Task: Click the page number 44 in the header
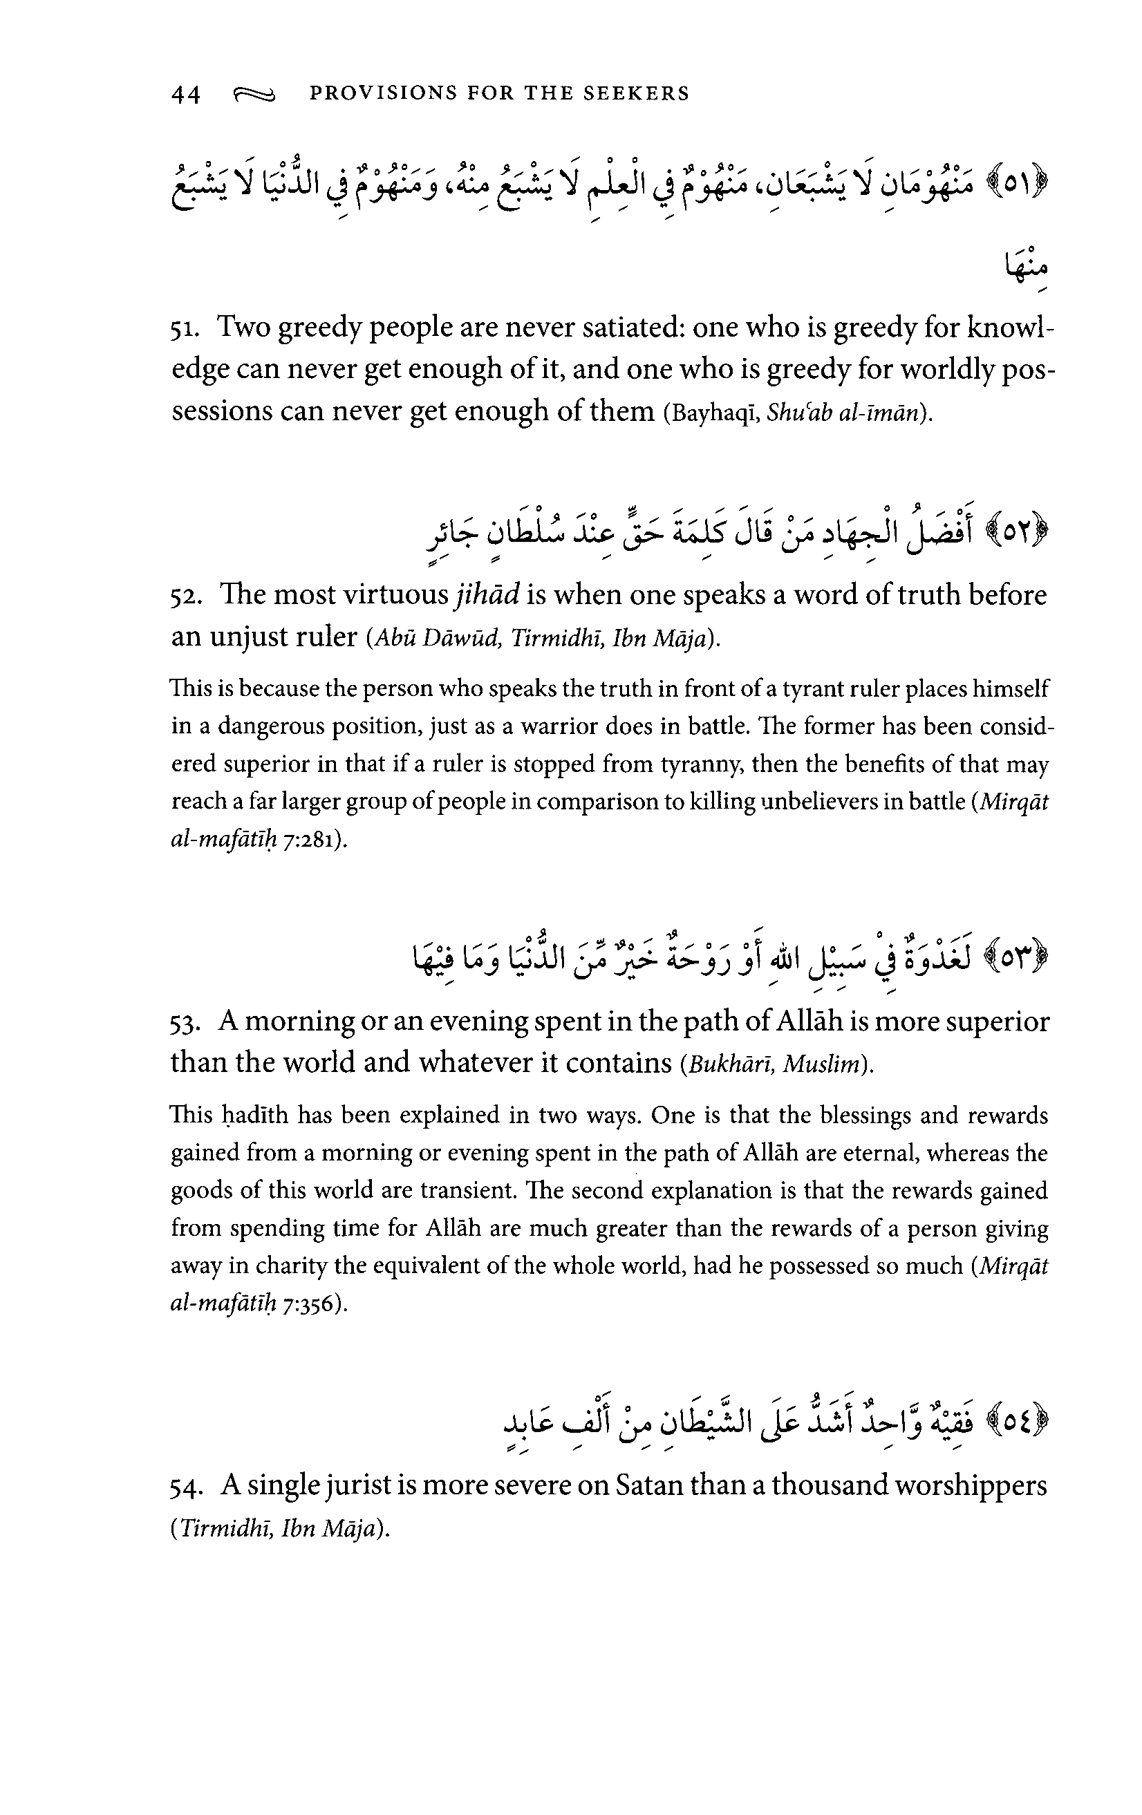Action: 185,94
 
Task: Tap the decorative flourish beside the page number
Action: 255,94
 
